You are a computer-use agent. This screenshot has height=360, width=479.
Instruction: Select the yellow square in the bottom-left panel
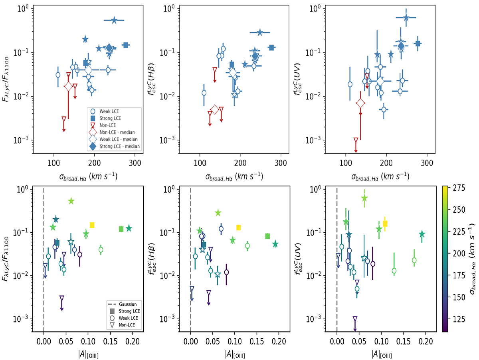92,225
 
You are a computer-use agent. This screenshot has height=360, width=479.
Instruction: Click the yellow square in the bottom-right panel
385,224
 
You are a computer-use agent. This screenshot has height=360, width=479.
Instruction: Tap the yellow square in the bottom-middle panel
239,227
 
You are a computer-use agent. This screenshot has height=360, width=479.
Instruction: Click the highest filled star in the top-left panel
114,20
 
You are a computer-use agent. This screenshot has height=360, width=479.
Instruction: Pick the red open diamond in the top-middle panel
215,109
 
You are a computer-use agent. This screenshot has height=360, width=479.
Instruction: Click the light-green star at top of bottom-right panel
364,198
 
